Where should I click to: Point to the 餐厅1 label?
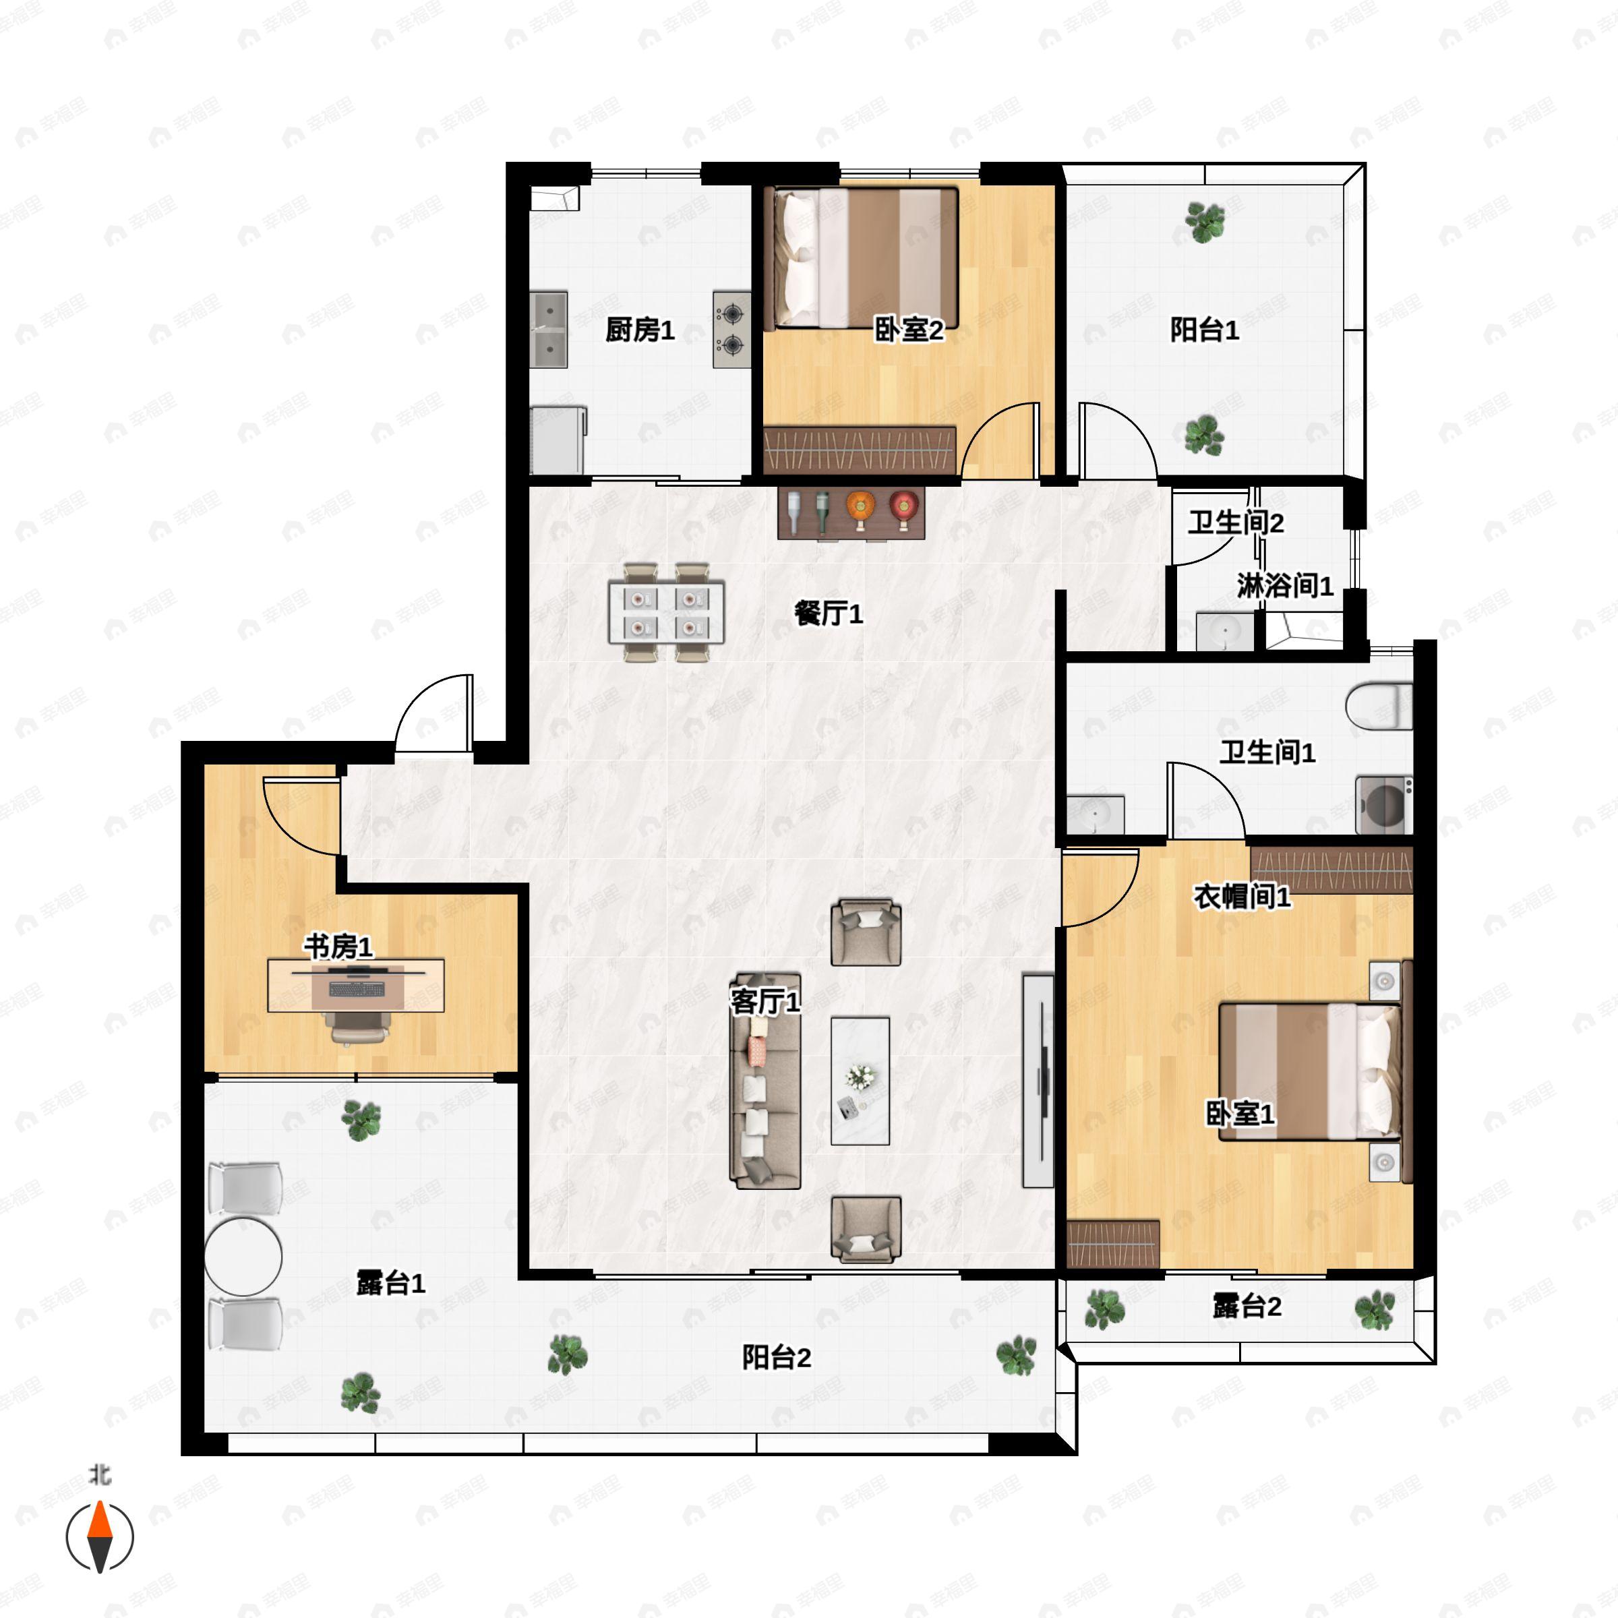829,614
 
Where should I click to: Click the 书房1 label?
338,947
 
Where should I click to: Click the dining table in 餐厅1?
667,612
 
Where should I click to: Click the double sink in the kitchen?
549,330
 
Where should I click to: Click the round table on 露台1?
243,1256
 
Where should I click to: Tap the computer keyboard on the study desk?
357,989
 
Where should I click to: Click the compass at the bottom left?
100,1537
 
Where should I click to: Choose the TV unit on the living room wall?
1038,1080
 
